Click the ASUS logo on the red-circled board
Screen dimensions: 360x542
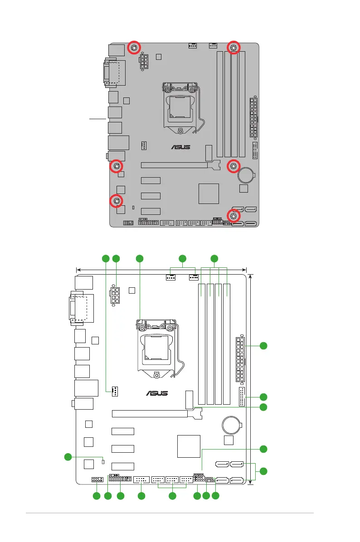click(x=180, y=147)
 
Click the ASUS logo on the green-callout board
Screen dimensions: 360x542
click(x=157, y=393)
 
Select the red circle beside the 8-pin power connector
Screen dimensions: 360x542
click(x=135, y=48)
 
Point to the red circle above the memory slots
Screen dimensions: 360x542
click(x=234, y=48)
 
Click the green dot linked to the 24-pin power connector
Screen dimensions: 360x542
click(x=263, y=347)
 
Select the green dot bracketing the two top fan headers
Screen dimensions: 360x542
click(x=182, y=259)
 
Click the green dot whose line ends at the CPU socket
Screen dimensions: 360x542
click(x=139, y=259)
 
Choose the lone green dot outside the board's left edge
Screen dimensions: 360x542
click(x=68, y=456)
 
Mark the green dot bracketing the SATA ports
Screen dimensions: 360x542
click(x=263, y=472)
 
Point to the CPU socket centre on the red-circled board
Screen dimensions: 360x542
click(x=180, y=108)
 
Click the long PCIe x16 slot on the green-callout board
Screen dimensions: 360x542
click(x=150, y=414)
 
